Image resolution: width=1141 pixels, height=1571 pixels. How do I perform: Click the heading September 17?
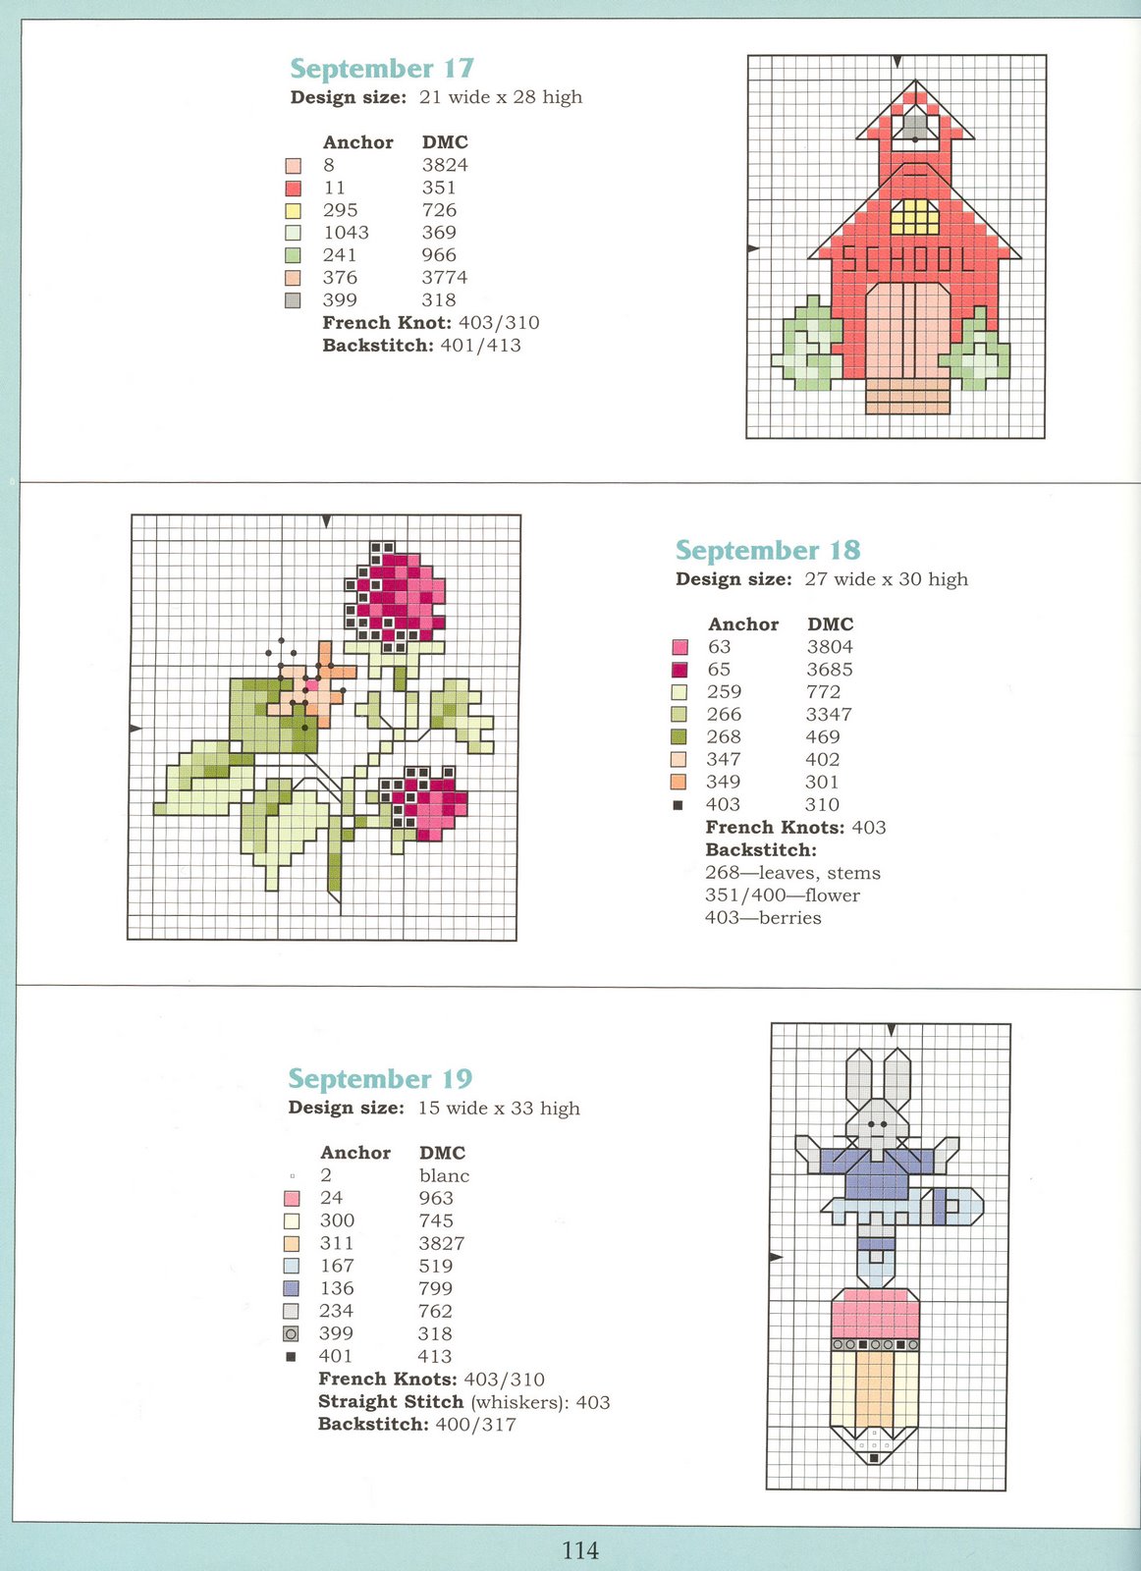382,69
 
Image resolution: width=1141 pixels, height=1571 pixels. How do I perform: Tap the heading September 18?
767,551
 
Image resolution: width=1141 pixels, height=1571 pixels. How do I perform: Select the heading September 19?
380,1079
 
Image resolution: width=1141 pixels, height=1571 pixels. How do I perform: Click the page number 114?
579,1550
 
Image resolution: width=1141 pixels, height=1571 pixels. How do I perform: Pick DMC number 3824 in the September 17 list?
445,165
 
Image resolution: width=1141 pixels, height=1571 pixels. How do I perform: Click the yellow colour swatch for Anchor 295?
293,210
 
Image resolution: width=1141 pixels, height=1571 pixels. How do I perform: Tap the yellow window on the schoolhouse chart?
914,216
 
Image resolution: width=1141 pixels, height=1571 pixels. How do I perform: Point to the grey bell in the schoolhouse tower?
915,126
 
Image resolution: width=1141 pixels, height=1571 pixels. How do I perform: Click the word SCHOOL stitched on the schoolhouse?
907,259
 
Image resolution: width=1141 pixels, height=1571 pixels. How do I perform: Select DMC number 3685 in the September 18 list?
830,670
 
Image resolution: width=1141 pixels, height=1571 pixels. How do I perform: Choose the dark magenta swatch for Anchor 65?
679,670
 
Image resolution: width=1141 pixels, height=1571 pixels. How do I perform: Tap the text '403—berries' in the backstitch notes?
763,918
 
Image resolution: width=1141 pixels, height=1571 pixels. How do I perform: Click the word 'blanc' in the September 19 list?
444,1175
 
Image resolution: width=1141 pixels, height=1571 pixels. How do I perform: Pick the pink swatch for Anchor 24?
291,1199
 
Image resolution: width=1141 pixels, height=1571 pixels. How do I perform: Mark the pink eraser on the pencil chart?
874,1314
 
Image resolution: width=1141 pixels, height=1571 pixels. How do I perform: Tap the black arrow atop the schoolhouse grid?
896,62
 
